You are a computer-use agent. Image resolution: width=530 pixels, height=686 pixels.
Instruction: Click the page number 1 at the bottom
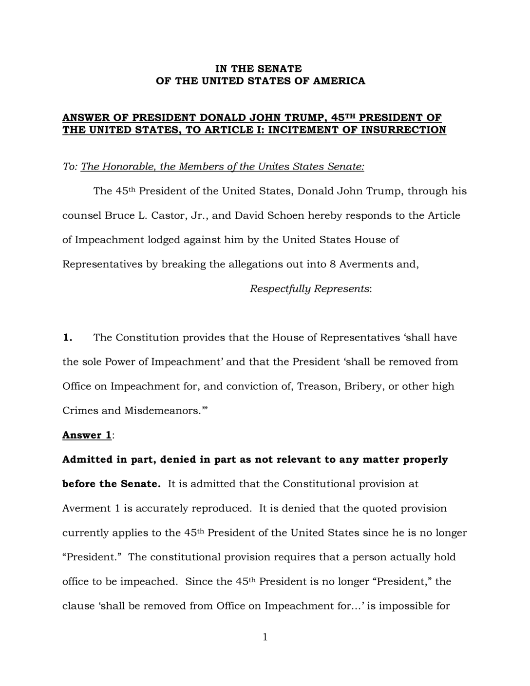tap(265, 637)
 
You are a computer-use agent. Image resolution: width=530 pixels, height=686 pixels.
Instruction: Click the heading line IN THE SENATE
tap(259, 69)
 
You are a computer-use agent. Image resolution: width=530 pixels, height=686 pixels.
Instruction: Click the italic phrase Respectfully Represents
tap(310, 289)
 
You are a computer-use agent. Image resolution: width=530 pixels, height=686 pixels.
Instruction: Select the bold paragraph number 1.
tap(67, 338)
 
